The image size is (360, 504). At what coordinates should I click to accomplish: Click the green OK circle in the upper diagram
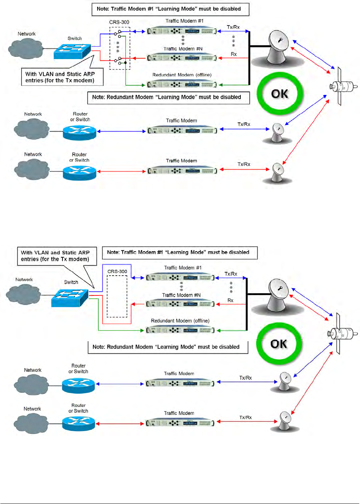(x=280, y=93)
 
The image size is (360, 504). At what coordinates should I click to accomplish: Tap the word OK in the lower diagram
(x=279, y=344)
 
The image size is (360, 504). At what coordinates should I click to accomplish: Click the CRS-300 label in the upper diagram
(x=119, y=22)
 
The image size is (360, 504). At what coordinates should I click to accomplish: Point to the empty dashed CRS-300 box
(x=117, y=296)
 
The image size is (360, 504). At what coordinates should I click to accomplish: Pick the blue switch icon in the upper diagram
(x=72, y=51)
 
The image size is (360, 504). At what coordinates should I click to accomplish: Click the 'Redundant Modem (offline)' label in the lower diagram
(x=180, y=321)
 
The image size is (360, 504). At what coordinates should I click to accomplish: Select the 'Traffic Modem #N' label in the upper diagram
(x=183, y=49)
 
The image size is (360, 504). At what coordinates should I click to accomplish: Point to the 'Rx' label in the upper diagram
(x=234, y=54)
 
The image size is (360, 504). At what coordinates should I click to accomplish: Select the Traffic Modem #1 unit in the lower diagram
(x=180, y=278)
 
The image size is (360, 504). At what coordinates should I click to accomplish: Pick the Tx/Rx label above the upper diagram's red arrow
(x=244, y=164)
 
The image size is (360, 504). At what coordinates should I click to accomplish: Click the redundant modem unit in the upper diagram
(x=182, y=84)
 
